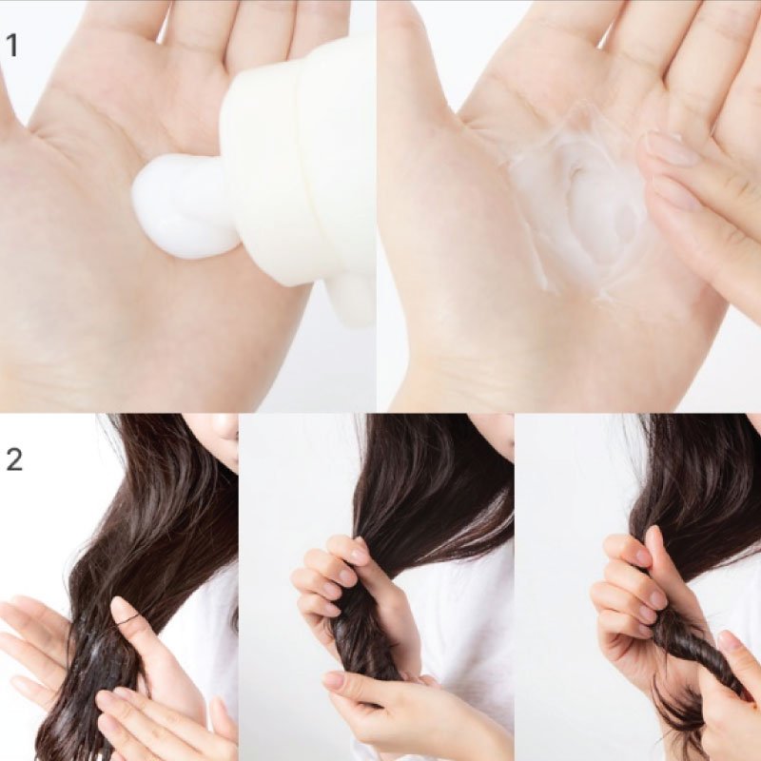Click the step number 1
click(x=12, y=46)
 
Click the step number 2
click(x=13, y=459)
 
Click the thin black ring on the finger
click(x=127, y=618)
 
